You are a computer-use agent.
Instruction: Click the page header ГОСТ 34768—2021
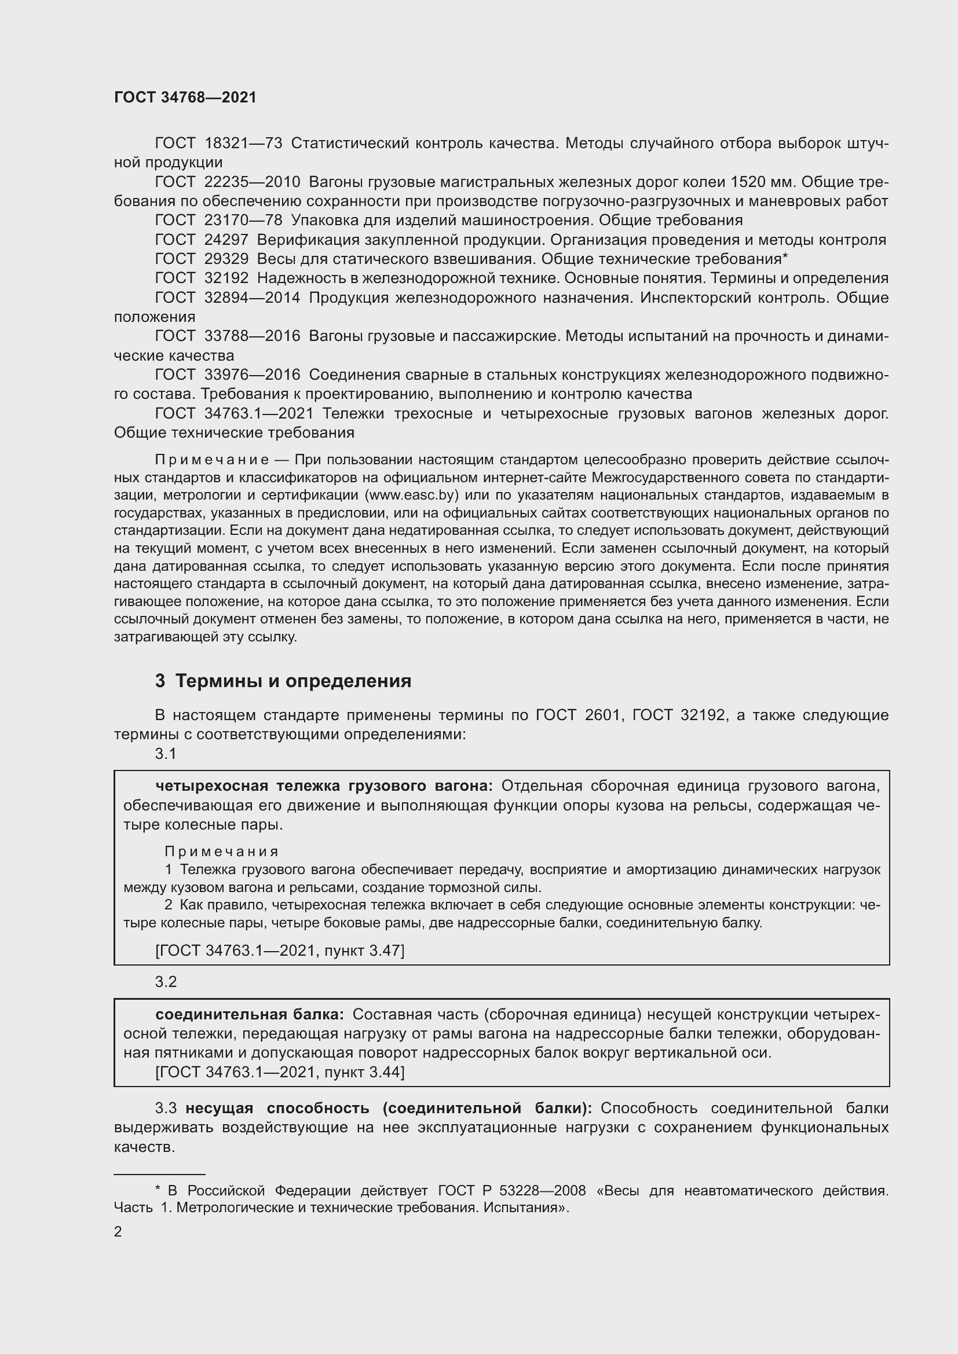pyautogui.click(x=185, y=98)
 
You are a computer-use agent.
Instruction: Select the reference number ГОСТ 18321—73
pyautogui.click(x=218, y=144)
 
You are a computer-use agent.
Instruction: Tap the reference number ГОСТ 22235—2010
pyautogui.click(x=227, y=182)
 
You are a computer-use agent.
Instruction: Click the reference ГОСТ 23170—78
pyautogui.click(x=218, y=221)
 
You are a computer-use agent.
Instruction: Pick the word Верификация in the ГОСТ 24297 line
pyautogui.click(x=299, y=240)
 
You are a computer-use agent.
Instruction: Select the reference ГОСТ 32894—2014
pyautogui.click(x=227, y=298)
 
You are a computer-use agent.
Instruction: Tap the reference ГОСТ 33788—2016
pyautogui.click(x=227, y=336)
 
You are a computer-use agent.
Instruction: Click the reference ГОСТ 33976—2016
pyautogui.click(x=227, y=375)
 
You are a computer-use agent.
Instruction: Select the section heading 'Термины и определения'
pyautogui.click(x=293, y=681)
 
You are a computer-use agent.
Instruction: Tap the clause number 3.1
pyautogui.click(x=166, y=754)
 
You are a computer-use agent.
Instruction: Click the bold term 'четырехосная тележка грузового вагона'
pyautogui.click(x=324, y=786)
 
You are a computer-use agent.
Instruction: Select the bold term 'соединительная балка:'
pyautogui.click(x=250, y=1014)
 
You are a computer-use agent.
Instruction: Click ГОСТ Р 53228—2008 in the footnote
pyautogui.click(x=512, y=1191)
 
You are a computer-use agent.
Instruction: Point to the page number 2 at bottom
pyautogui.click(x=118, y=1231)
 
